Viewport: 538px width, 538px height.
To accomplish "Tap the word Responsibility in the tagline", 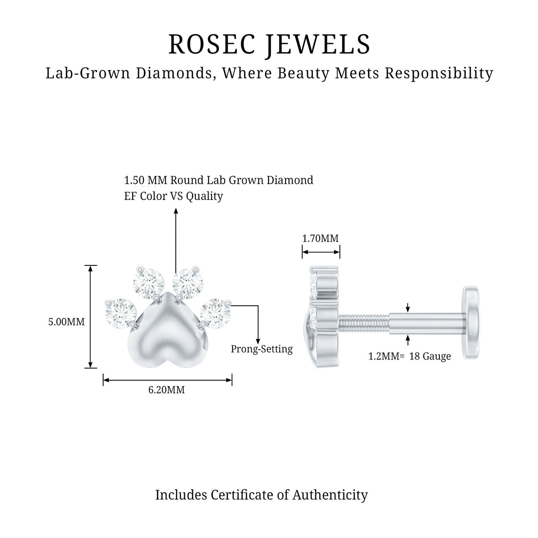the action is click(439, 74).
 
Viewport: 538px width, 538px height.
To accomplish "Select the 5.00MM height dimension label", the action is click(66, 322).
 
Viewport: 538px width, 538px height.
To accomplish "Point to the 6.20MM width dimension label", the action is click(166, 390).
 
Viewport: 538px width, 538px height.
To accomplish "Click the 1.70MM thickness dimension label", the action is click(321, 239).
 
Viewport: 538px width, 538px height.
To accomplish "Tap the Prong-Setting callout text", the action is click(261, 349).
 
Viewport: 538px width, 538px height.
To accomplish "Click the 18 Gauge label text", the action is click(430, 356).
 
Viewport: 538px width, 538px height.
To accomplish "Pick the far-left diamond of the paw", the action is click(120, 314).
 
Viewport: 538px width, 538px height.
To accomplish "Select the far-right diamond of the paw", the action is click(215, 314).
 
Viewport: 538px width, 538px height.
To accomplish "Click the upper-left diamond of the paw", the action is click(148, 282).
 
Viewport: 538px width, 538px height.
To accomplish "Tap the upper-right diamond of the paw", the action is click(187, 282).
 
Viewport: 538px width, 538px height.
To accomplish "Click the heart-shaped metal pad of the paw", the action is click(168, 335).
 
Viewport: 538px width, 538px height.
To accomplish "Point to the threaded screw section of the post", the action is click(364, 325).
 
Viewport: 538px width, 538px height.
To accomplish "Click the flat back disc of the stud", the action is click(471, 322).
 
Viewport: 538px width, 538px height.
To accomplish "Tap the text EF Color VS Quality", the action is click(174, 196).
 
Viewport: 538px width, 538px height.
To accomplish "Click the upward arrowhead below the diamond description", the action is click(176, 211).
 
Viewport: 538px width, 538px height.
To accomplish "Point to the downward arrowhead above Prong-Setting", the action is click(258, 341).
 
